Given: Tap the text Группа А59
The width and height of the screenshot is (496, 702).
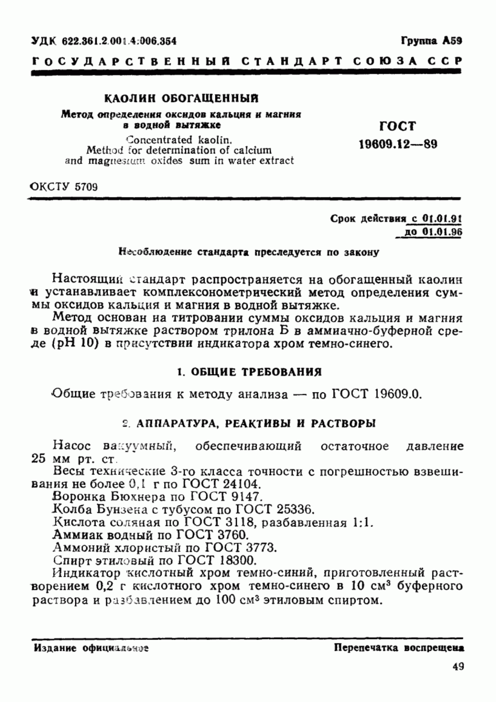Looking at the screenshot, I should (431, 41).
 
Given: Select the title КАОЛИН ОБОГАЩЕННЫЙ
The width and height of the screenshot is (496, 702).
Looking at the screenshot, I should (181, 99).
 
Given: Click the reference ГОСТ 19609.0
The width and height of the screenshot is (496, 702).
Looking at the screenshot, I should (377, 394).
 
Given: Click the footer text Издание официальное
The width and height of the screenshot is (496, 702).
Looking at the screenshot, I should (91, 648).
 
